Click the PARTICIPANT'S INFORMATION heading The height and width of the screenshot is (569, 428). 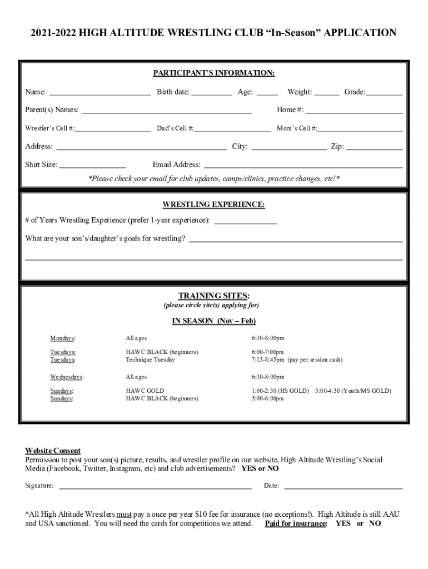214,73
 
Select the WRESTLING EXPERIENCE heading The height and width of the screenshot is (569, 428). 213,204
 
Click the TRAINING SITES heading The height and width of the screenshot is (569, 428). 213,295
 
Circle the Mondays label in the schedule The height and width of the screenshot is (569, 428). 63,338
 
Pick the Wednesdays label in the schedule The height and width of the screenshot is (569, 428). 67,377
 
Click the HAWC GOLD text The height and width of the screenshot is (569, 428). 145,391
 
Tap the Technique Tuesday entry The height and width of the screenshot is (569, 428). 150,360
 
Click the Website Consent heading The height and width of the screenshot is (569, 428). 53,451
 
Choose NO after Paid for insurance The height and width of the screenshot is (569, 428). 375,523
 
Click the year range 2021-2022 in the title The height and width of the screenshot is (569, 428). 53,33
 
